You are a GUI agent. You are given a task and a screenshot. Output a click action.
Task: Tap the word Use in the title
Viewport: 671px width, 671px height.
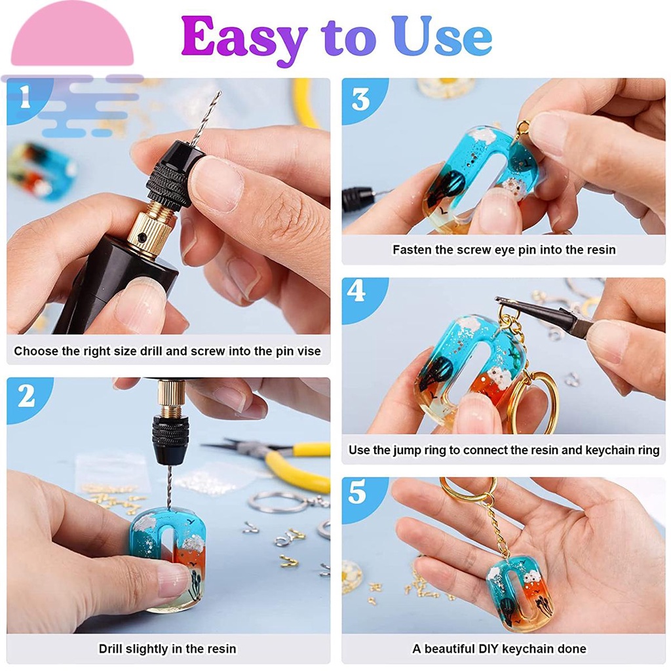coord(442,37)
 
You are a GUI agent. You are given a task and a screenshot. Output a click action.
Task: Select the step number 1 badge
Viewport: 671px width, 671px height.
coord(26,97)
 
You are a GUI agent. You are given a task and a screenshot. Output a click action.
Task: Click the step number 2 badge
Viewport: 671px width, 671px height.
coord(26,396)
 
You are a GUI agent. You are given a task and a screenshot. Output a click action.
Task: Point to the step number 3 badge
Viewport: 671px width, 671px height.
coord(360,100)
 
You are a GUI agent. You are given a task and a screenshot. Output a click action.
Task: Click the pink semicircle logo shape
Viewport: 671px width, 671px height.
coord(72,33)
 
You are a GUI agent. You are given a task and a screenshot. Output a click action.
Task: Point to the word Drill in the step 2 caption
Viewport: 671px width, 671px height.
coord(110,649)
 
